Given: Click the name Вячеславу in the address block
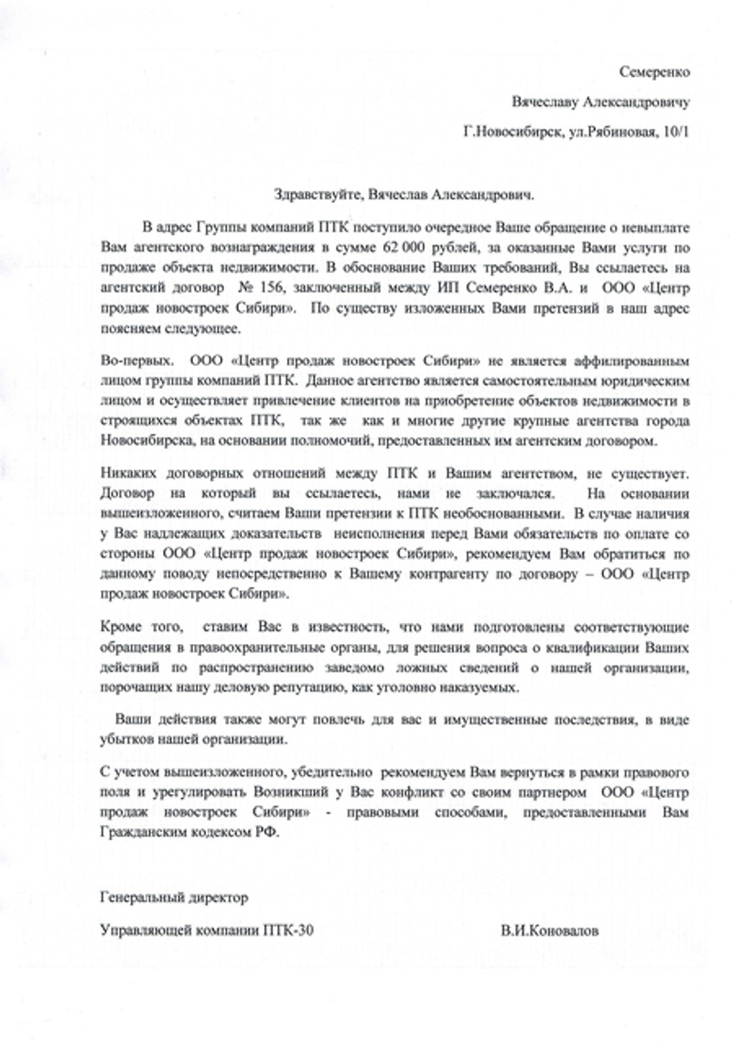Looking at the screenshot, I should tap(546, 102).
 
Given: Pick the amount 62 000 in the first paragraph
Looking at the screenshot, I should tap(414, 248).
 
